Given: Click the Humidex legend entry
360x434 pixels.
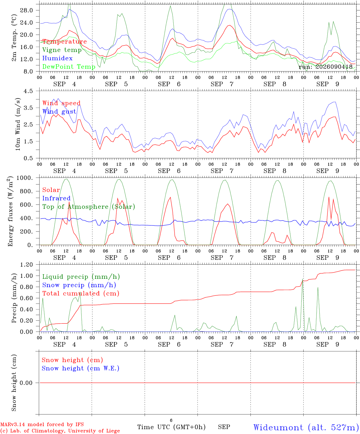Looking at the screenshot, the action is click(x=57, y=58).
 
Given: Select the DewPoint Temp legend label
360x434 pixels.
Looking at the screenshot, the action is click(x=69, y=67).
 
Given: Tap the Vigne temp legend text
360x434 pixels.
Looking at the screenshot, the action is click(x=62, y=50).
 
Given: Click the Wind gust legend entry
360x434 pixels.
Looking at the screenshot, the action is click(x=59, y=112).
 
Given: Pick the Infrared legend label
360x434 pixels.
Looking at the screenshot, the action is click(x=56, y=198).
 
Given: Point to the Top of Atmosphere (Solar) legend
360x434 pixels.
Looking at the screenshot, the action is click(x=89, y=207).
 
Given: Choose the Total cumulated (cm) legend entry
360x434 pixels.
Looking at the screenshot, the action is click(x=81, y=293).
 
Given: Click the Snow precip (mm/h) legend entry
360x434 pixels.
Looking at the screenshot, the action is click(x=79, y=285).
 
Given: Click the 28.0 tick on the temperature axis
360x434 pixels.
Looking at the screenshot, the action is click(x=27, y=10).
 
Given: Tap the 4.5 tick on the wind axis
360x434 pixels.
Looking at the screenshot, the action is click(x=28, y=91).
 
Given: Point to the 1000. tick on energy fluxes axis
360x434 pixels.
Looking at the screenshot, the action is click(x=25, y=178).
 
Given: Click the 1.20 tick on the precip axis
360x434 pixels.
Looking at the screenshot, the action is click(x=27, y=265).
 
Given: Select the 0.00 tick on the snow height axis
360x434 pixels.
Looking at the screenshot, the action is click(x=26, y=383).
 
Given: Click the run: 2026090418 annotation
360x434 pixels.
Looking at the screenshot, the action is click(x=325, y=67).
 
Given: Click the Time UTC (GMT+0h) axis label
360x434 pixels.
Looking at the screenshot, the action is click(x=171, y=427).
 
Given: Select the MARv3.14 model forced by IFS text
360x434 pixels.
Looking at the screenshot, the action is click(x=42, y=424).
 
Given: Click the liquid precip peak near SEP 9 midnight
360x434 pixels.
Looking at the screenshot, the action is click(x=302, y=279).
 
